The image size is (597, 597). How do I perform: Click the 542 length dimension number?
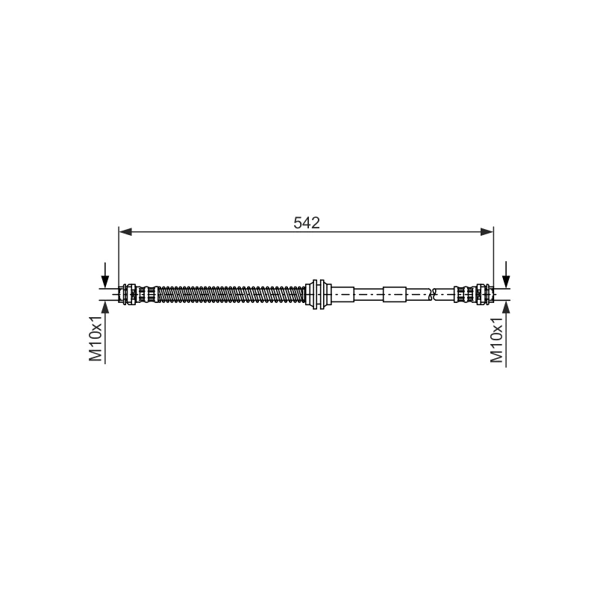click(307, 222)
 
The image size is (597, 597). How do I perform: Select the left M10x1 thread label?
click(96, 338)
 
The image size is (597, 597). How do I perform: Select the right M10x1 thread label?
click(496, 340)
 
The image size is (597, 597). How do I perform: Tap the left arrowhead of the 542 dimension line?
click(125, 231)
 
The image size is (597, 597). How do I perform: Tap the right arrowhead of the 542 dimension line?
click(487, 231)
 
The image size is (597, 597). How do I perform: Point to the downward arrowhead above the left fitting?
click(105, 282)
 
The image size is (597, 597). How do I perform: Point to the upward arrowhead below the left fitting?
click(105, 307)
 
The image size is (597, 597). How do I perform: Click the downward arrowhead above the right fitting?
click(506, 282)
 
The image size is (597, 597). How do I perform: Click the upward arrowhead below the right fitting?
click(506, 307)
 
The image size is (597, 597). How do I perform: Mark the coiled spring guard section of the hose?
click(231, 294)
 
